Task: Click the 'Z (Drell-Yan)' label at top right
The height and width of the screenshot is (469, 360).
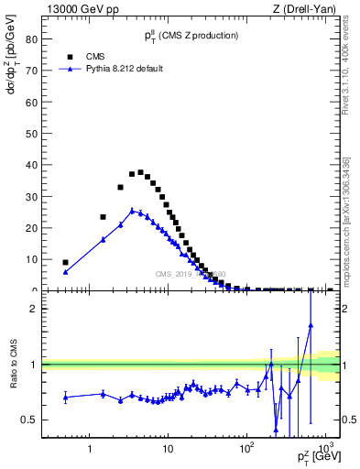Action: tap(311, 9)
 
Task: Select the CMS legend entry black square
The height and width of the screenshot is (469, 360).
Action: tap(70, 56)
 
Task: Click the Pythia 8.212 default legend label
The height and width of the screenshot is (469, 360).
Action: tap(125, 69)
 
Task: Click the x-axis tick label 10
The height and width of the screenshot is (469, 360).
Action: tap(167, 450)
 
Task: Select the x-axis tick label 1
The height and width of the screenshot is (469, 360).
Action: tap(89, 450)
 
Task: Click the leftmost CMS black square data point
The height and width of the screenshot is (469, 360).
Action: tap(65, 263)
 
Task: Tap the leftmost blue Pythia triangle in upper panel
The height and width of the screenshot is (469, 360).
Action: tap(65, 272)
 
